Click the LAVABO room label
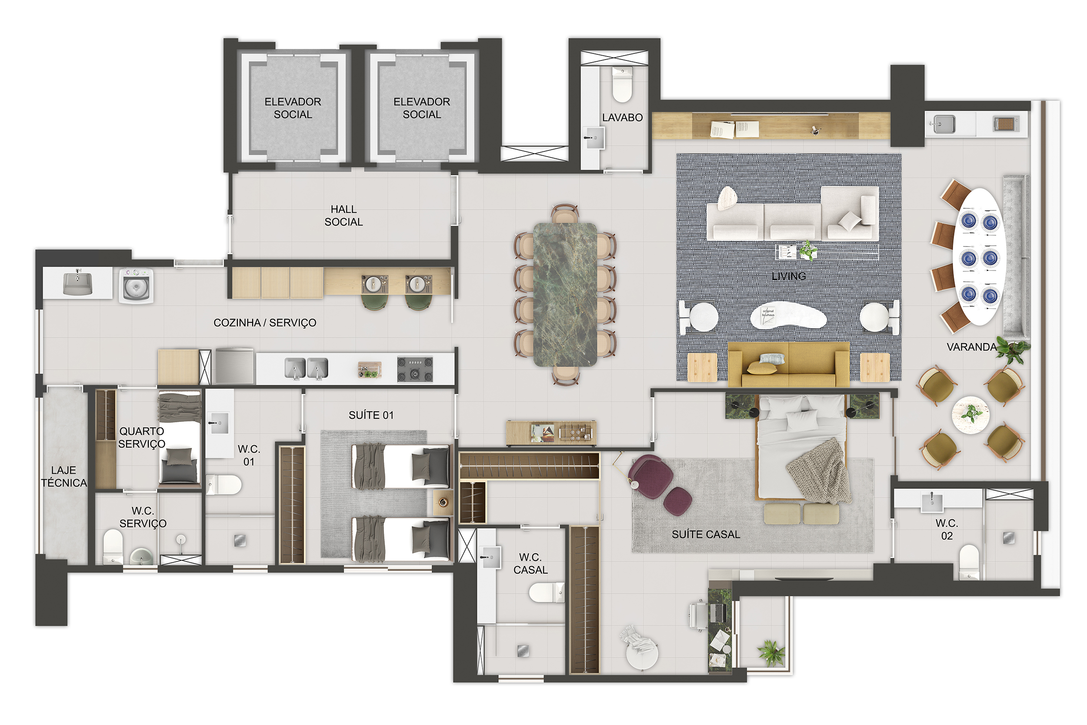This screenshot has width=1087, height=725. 622,117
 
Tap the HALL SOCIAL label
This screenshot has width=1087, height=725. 343,215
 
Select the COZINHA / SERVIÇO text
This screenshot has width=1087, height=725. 265,323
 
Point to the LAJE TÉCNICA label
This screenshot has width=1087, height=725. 64,476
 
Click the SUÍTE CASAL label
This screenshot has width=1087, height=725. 706,535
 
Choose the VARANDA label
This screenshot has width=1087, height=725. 971,347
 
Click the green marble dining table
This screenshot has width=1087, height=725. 565,294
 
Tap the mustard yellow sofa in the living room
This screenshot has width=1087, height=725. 788,364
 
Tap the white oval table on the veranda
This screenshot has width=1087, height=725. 979,257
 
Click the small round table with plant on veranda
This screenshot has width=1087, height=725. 970,415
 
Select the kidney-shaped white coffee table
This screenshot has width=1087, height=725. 788,316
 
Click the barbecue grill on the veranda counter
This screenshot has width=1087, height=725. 1004,124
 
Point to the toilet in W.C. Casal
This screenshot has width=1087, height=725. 547,592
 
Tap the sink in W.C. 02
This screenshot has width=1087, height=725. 932,502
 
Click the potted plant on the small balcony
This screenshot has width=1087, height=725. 771,652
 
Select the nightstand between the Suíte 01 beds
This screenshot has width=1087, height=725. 443,503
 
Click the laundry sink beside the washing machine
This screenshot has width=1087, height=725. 78,283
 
